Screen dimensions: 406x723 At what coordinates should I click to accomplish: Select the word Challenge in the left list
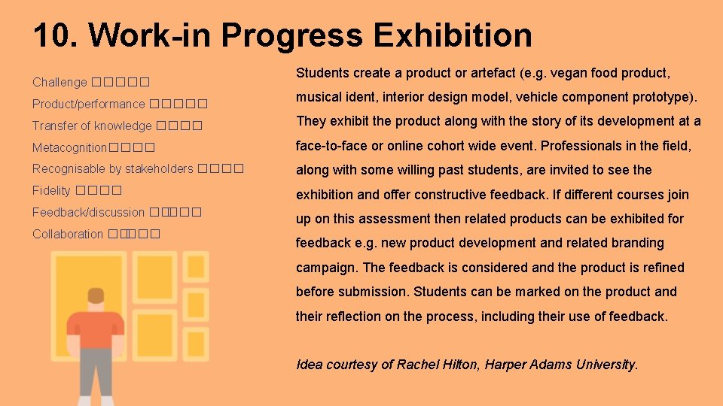pyautogui.click(x=59, y=82)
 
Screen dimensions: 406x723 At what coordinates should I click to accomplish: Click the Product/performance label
pyautogui.click(x=88, y=104)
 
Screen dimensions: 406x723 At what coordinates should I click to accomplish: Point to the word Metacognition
pyautogui.click(x=70, y=147)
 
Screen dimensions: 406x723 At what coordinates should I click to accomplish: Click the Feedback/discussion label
pyautogui.click(x=88, y=213)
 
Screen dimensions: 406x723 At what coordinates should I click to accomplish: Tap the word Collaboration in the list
pyautogui.click(x=68, y=235)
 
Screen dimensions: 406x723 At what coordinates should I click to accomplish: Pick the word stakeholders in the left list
pyautogui.click(x=158, y=169)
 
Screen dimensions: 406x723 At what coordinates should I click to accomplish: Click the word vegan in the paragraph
pyautogui.click(x=570, y=73)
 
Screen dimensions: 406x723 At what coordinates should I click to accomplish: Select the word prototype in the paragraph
pyautogui.click(x=664, y=97)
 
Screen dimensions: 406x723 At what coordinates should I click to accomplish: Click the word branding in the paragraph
pyautogui.click(x=637, y=243)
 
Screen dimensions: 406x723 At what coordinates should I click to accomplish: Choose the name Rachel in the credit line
pyautogui.click(x=416, y=365)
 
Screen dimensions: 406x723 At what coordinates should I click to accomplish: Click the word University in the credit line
pyautogui.click(x=606, y=365)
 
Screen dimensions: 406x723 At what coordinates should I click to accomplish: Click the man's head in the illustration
pyautogui.click(x=96, y=297)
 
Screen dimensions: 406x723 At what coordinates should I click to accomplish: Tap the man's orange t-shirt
pyautogui.click(x=96, y=329)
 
